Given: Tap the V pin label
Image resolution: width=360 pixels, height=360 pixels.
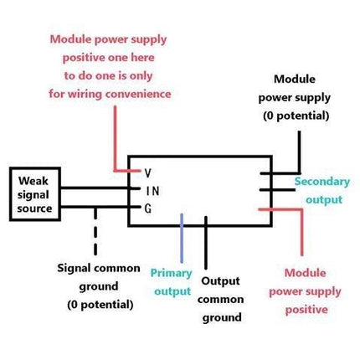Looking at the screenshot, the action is (148, 173).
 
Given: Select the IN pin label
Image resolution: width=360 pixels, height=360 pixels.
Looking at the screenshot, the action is (153, 191).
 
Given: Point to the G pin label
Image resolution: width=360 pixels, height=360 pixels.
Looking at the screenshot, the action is (148, 208).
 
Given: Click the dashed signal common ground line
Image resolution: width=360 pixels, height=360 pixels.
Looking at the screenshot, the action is (95, 231).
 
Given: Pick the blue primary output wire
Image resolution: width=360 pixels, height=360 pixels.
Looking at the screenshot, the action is (182, 238).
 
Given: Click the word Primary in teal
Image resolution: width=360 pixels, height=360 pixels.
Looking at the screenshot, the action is (171, 273).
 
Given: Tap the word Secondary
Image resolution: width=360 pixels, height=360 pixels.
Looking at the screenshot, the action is (322, 182).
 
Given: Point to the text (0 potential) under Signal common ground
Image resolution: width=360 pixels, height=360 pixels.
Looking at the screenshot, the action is (100, 305).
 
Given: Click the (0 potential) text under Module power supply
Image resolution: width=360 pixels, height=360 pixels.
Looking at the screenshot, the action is (296, 116).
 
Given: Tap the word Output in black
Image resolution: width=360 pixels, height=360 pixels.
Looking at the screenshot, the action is (220, 281).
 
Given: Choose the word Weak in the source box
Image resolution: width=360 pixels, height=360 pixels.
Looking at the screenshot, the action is (33, 181).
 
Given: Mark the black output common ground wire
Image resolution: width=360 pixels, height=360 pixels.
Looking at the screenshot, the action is (206, 243).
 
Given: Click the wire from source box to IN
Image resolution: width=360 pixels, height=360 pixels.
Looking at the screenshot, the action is (100, 188).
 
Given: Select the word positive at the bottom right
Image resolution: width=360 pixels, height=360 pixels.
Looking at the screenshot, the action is (306, 310).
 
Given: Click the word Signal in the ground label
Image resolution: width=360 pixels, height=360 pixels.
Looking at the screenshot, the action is (74, 269).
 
